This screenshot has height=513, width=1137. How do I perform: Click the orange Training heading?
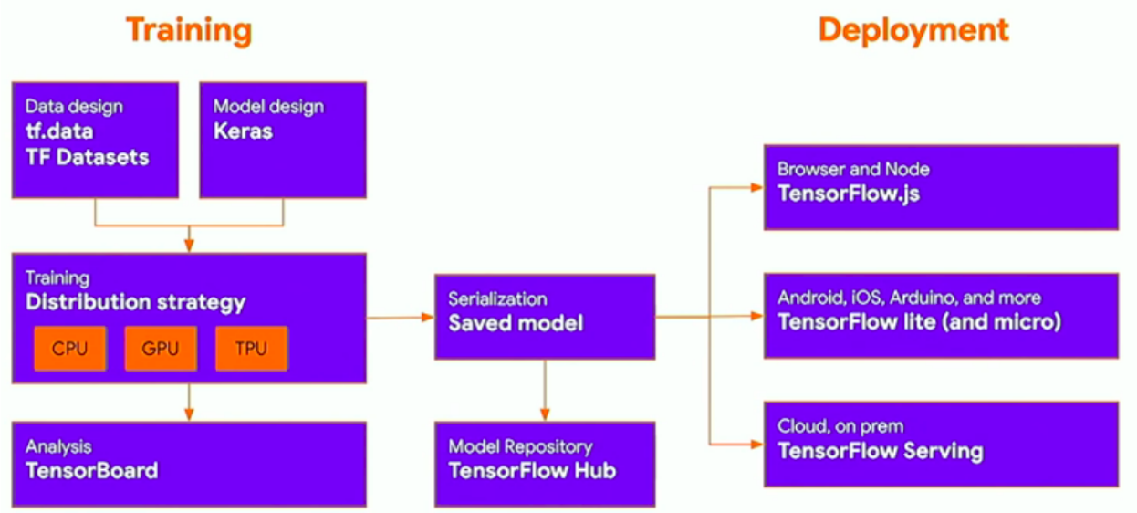(x=189, y=30)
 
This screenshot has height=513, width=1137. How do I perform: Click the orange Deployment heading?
(x=913, y=30)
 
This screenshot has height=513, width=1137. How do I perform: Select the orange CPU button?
(x=70, y=349)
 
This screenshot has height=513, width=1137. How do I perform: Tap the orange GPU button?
(x=161, y=349)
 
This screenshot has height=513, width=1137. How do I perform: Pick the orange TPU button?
(x=251, y=349)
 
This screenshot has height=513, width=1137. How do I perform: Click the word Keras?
(x=243, y=131)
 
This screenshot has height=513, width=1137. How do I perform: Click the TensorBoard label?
(x=91, y=471)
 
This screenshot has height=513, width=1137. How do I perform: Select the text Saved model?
(x=515, y=322)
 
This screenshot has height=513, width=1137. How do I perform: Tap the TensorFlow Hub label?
(x=532, y=471)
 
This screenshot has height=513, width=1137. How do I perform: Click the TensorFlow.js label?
(x=849, y=194)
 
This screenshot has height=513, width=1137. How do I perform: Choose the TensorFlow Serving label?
(x=880, y=451)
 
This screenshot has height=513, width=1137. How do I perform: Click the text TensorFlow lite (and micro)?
(x=919, y=322)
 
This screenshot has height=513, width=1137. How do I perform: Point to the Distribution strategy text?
(x=135, y=302)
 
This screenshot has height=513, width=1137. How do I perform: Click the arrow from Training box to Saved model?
(x=400, y=318)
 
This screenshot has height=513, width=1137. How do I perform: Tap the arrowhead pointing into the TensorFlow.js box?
(x=755, y=187)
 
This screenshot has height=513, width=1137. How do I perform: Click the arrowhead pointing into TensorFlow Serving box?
(x=755, y=445)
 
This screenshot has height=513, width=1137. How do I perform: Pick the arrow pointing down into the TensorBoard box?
(x=189, y=403)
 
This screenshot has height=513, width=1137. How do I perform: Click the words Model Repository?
(x=520, y=447)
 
